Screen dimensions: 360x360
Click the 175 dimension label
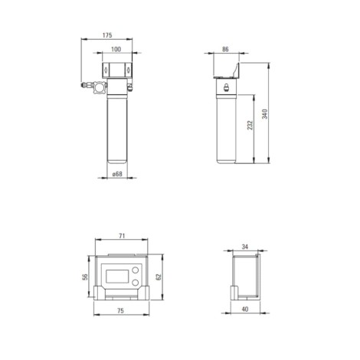[107, 35]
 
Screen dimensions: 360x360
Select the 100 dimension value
[116, 49]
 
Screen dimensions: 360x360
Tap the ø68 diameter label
[117, 174]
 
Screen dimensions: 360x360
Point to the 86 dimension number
[225, 49]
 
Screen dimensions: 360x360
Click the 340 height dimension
[265, 113]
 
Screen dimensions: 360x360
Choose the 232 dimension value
[250, 125]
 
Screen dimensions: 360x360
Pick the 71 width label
[122, 236]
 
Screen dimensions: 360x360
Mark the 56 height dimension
[85, 277]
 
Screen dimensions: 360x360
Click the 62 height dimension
[159, 277]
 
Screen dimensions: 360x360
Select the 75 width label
[120, 311]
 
